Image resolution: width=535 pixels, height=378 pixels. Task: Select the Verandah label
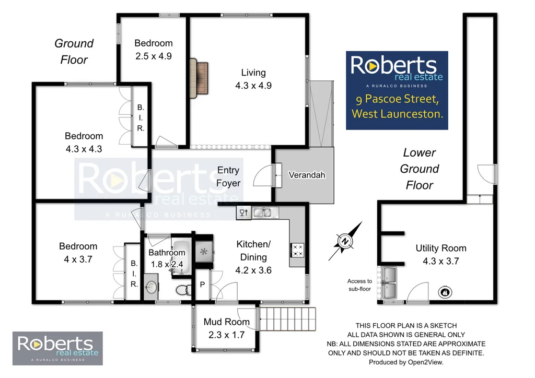click(307, 175)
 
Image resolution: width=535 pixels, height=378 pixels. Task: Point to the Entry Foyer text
click(228, 176)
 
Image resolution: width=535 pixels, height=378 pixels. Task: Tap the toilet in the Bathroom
click(180, 289)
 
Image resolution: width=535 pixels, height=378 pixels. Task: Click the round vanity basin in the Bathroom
click(152, 287)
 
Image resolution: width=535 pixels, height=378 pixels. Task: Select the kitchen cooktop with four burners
click(297, 250)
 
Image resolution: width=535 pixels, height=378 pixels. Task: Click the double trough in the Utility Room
click(390, 282)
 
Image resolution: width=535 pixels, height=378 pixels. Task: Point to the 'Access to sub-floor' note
click(360, 285)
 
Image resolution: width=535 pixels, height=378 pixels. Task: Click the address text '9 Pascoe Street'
click(398, 99)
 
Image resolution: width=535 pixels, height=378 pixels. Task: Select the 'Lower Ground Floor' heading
click(419, 169)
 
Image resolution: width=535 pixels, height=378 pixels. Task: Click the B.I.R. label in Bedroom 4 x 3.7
click(134, 274)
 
